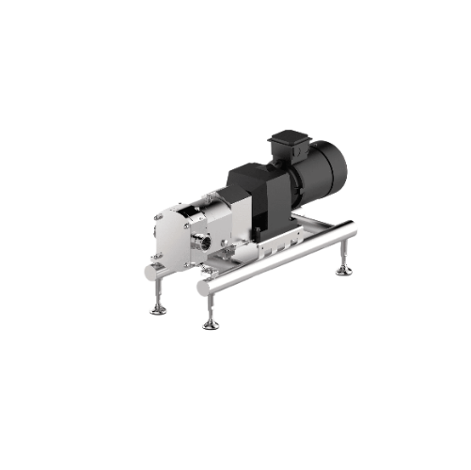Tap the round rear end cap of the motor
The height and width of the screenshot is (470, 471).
tap(331, 170)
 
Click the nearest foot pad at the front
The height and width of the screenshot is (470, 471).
tap(211, 325)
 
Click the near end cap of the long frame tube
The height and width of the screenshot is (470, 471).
tap(201, 290)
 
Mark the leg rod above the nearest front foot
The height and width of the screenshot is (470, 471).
tap(210, 311)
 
